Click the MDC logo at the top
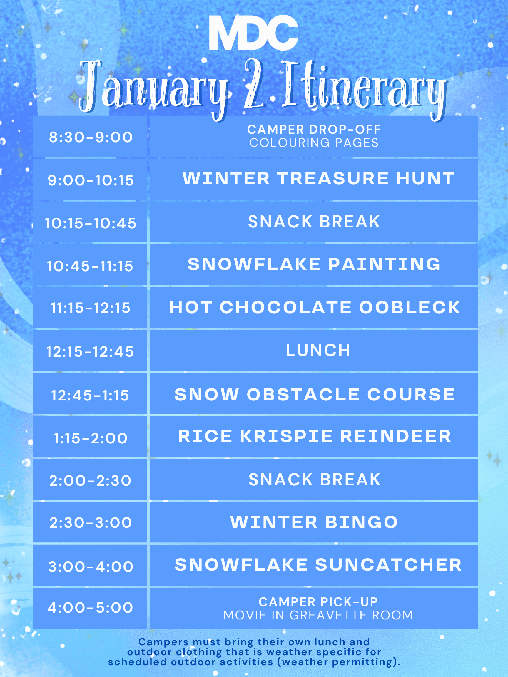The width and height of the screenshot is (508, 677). pyautogui.click(x=253, y=33)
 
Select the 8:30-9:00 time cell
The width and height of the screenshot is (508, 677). pyautogui.click(x=90, y=137)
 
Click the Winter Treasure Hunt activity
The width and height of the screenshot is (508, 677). pyautogui.click(x=318, y=178)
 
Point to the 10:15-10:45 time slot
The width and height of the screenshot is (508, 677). pyautogui.click(x=90, y=223)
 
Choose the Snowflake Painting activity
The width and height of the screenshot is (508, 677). pyautogui.click(x=314, y=264)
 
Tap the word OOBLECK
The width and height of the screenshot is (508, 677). pyautogui.click(x=410, y=307)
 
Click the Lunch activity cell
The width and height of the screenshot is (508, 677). pyautogui.click(x=314, y=351)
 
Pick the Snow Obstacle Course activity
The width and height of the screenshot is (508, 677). pyautogui.click(x=315, y=394)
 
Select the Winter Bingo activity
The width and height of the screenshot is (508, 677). pyautogui.click(x=314, y=522)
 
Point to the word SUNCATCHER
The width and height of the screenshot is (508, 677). pyautogui.click(x=388, y=565)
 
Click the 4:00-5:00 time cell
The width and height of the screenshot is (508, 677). pyautogui.click(x=90, y=608)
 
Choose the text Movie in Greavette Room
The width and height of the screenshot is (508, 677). pyautogui.click(x=318, y=615)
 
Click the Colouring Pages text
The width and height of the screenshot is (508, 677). pyautogui.click(x=314, y=143)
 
